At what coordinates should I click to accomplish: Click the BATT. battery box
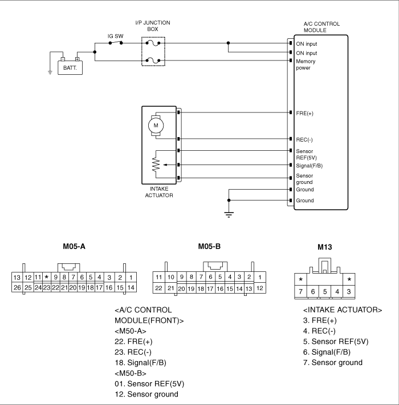(70, 67)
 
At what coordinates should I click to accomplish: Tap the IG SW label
(116, 36)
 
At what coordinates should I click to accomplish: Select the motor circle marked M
(156, 126)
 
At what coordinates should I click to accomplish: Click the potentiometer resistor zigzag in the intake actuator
(156, 165)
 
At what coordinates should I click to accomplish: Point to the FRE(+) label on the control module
(304, 114)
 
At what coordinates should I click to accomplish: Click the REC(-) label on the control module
(304, 140)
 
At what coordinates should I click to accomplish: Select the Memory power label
(306, 65)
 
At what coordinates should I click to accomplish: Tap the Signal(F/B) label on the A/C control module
(309, 166)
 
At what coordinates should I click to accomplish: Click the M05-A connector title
(74, 246)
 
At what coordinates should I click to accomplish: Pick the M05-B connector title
(209, 246)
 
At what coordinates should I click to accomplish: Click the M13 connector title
(324, 247)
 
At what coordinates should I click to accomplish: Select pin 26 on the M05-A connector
(17, 287)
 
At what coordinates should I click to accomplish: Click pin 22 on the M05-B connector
(158, 288)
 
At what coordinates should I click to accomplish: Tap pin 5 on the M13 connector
(325, 291)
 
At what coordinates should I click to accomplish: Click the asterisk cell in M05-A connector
(46, 277)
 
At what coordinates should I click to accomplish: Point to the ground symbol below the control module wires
(229, 214)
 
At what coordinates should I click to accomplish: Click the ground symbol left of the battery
(50, 73)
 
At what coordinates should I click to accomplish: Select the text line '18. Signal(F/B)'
(140, 363)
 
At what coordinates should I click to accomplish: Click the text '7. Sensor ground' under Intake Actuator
(333, 363)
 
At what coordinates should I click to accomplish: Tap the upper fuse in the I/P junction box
(153, 43)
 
